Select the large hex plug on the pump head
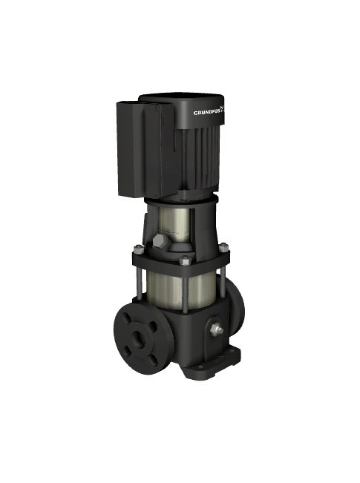pyautogui.click(x=160, y=240)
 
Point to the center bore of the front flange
pyautogui.click(x=140, y=338)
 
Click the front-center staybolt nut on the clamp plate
pyautogui.click(x=183, y=260)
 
